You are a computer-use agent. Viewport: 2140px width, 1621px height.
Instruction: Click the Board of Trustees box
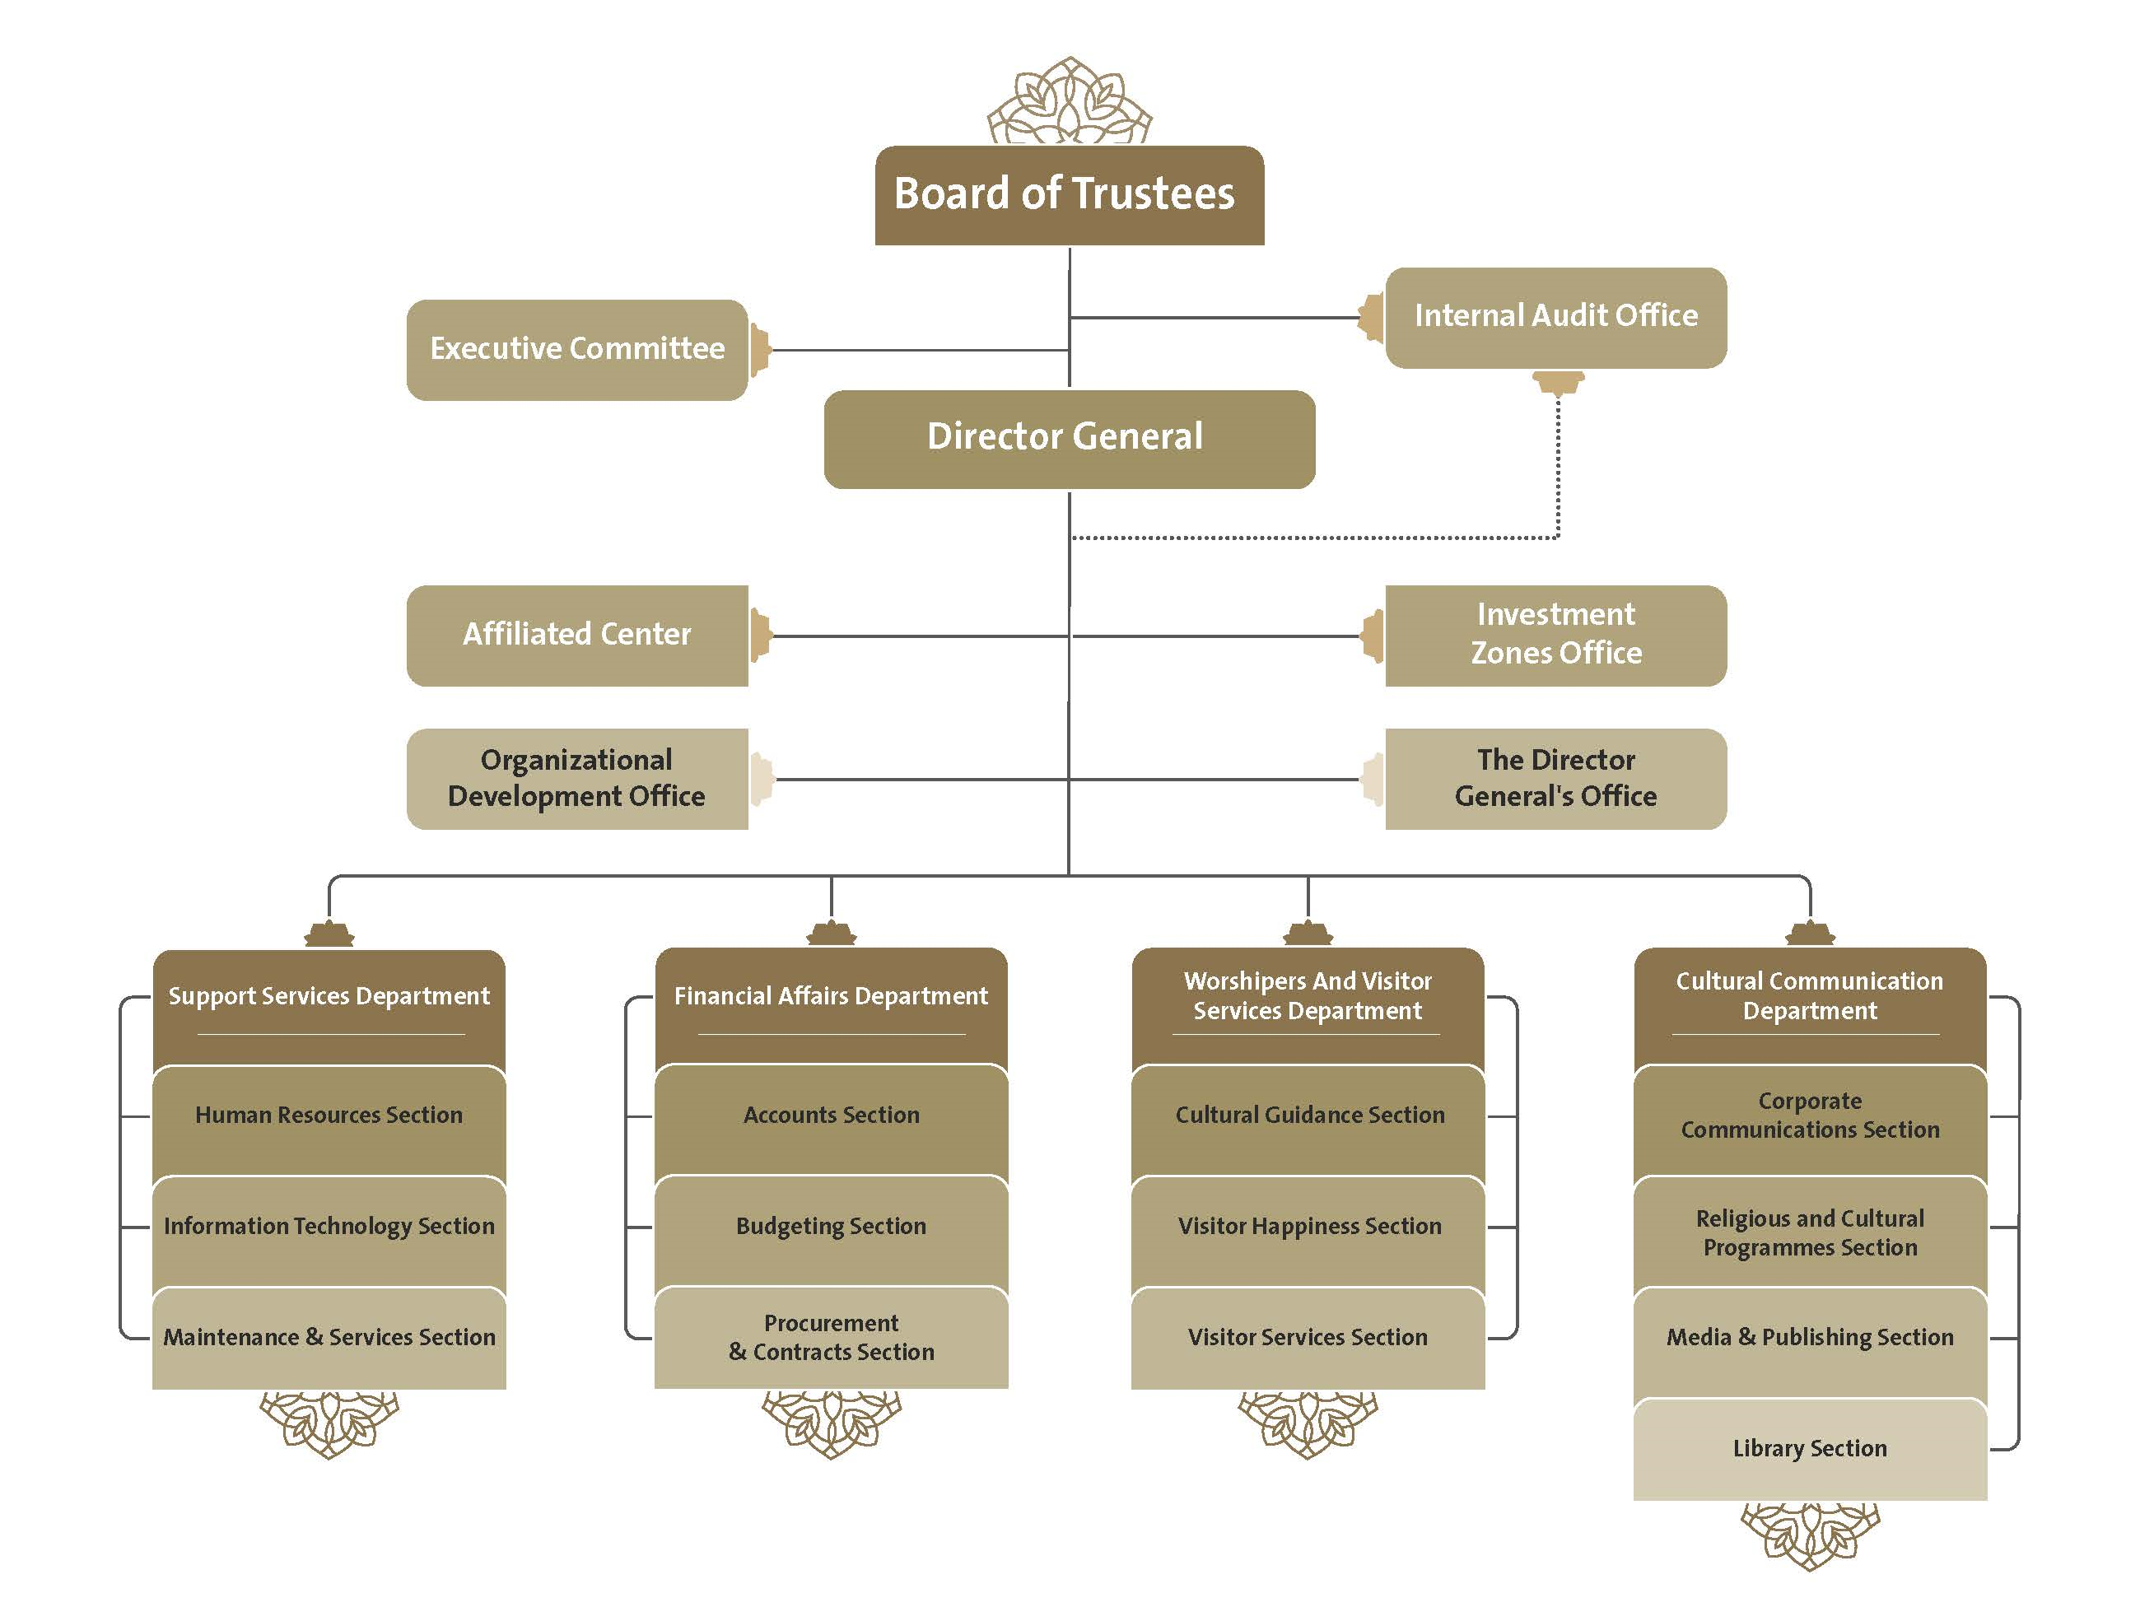(1069, 195)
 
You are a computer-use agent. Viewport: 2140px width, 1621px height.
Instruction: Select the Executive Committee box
(577, 350)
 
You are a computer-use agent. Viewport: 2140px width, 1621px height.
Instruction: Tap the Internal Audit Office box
(1555, 317)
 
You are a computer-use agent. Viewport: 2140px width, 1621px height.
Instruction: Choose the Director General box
(1069, 439)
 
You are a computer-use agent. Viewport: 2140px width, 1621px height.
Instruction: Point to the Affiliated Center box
(577, 636)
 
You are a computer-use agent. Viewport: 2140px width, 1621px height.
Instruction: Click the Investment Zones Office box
(1555, 636)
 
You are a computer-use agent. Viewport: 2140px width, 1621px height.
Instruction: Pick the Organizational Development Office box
(577, 779)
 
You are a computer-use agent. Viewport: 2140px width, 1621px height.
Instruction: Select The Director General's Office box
(1555, 779)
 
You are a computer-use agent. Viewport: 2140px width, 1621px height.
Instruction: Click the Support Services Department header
(329, 1006)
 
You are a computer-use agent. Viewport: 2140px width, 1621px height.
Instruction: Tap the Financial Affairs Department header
(831, 1006)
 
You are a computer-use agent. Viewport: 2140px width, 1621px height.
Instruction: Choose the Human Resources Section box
(329, 1122)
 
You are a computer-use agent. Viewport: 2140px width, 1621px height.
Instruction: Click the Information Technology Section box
(329, 1232)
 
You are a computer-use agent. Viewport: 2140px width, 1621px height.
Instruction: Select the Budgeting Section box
(831, 1232)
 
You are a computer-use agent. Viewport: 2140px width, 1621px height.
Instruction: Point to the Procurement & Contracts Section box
(831, 1339)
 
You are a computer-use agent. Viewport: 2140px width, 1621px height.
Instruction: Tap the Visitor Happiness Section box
(1308, 1232)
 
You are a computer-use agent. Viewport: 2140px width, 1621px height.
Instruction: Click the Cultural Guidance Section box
(1308, 1122)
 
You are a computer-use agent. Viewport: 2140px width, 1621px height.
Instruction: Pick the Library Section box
(1810, 1450)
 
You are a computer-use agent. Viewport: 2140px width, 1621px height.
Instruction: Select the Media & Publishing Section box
(1810, 1343)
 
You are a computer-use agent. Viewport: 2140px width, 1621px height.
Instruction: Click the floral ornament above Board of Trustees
(1069, 100)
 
